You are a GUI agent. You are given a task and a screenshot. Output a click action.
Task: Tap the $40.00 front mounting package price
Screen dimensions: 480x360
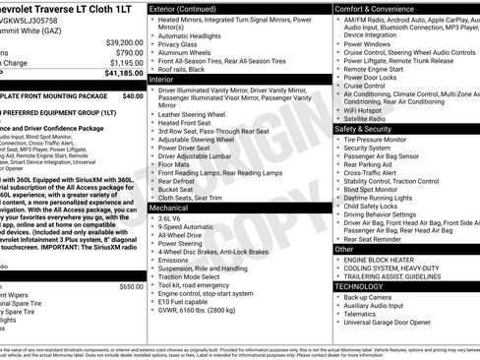(x=132, y=96)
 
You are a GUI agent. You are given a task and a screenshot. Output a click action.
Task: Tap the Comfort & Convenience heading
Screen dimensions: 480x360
(x=378, y=9)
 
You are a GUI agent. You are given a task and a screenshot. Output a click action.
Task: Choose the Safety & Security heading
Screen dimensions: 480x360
(x=369, y=129)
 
